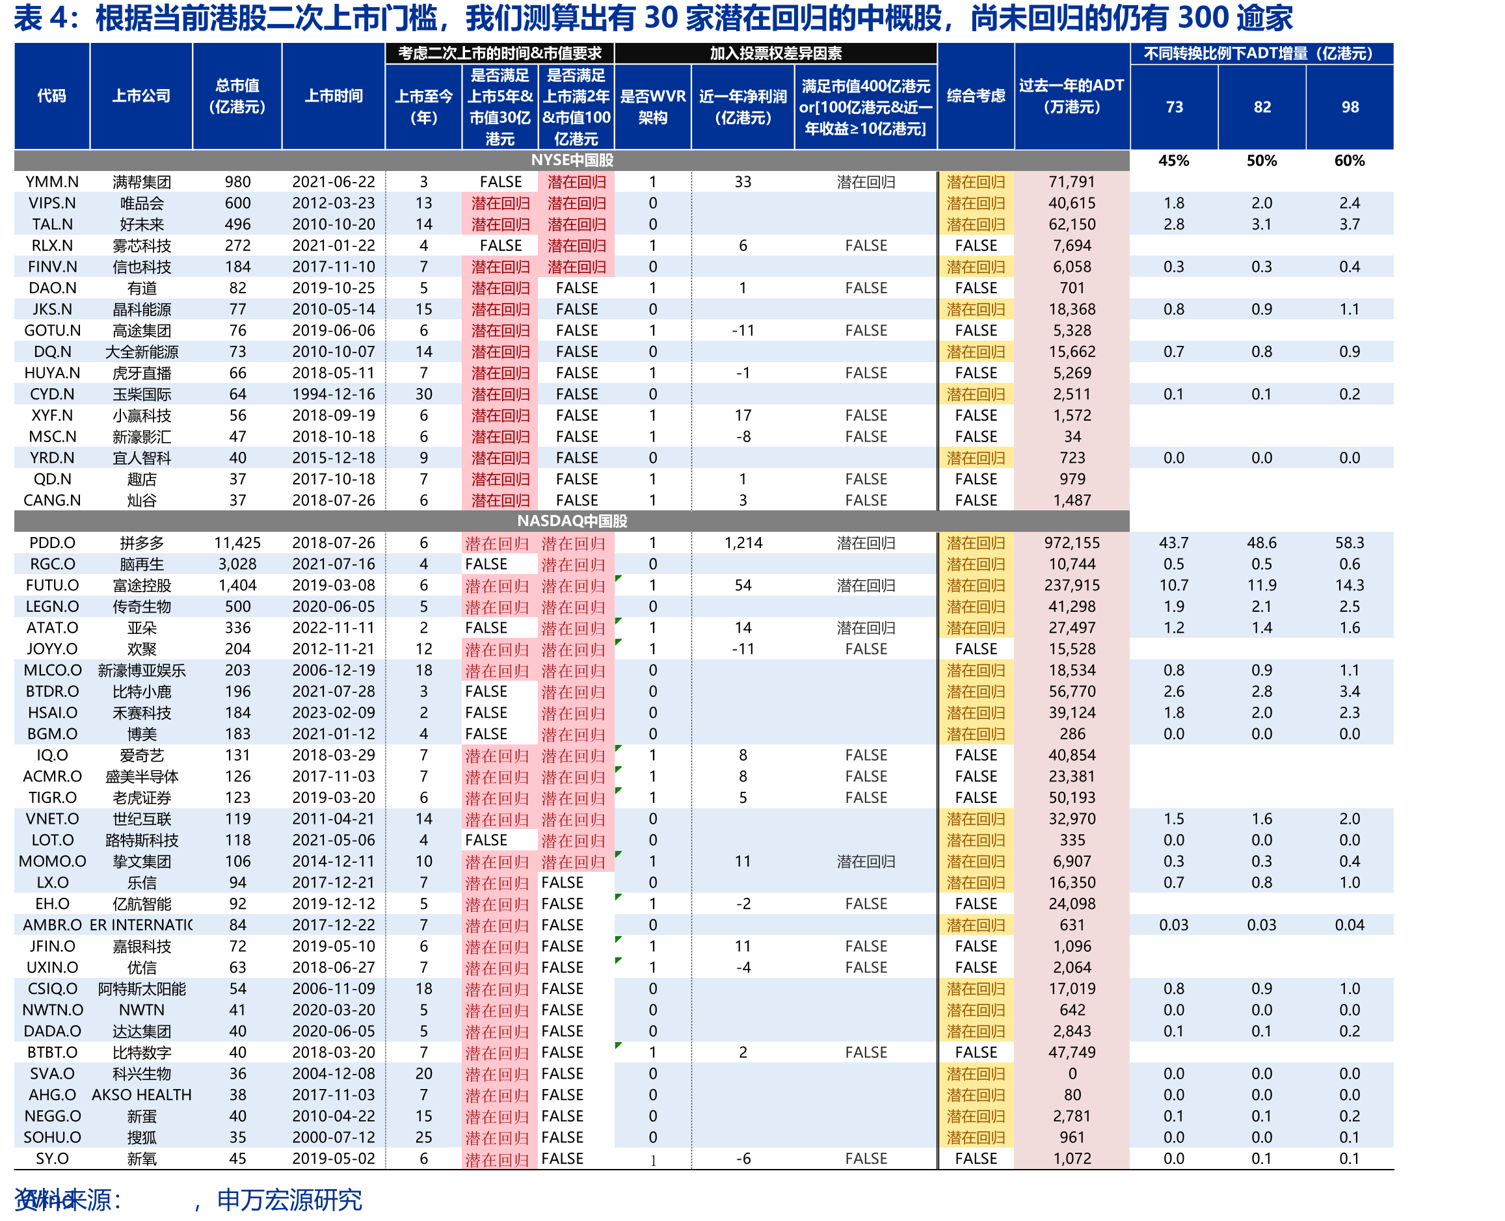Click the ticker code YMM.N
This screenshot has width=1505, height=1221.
tap(52, 182)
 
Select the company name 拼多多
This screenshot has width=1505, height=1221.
tap(141, 543)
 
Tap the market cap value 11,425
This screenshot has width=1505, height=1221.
tap(237, 543)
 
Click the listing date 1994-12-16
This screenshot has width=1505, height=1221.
tap(334, 394)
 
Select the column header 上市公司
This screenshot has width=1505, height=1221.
tap(141, 96)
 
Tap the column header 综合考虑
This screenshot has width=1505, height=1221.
tap(975, 96)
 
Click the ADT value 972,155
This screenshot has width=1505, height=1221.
tap(1072, 543)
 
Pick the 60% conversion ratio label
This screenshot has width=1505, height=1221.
tap(1349, 161)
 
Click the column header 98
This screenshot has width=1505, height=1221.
tap(1350, 107)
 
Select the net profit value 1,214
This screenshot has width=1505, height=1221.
tap(743, 543)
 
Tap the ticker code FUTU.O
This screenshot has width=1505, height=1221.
tap(52, 585)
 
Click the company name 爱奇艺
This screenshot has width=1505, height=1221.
tap(141, 755)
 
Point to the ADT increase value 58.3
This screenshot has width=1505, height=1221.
tap(1349, 543)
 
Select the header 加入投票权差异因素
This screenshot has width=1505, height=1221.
tap(775, 53)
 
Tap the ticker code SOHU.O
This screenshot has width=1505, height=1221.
tap(52, 1137)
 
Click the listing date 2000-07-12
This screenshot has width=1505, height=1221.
tap(334, 1137)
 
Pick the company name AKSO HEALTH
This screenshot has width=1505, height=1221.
tap(141, 1095)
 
